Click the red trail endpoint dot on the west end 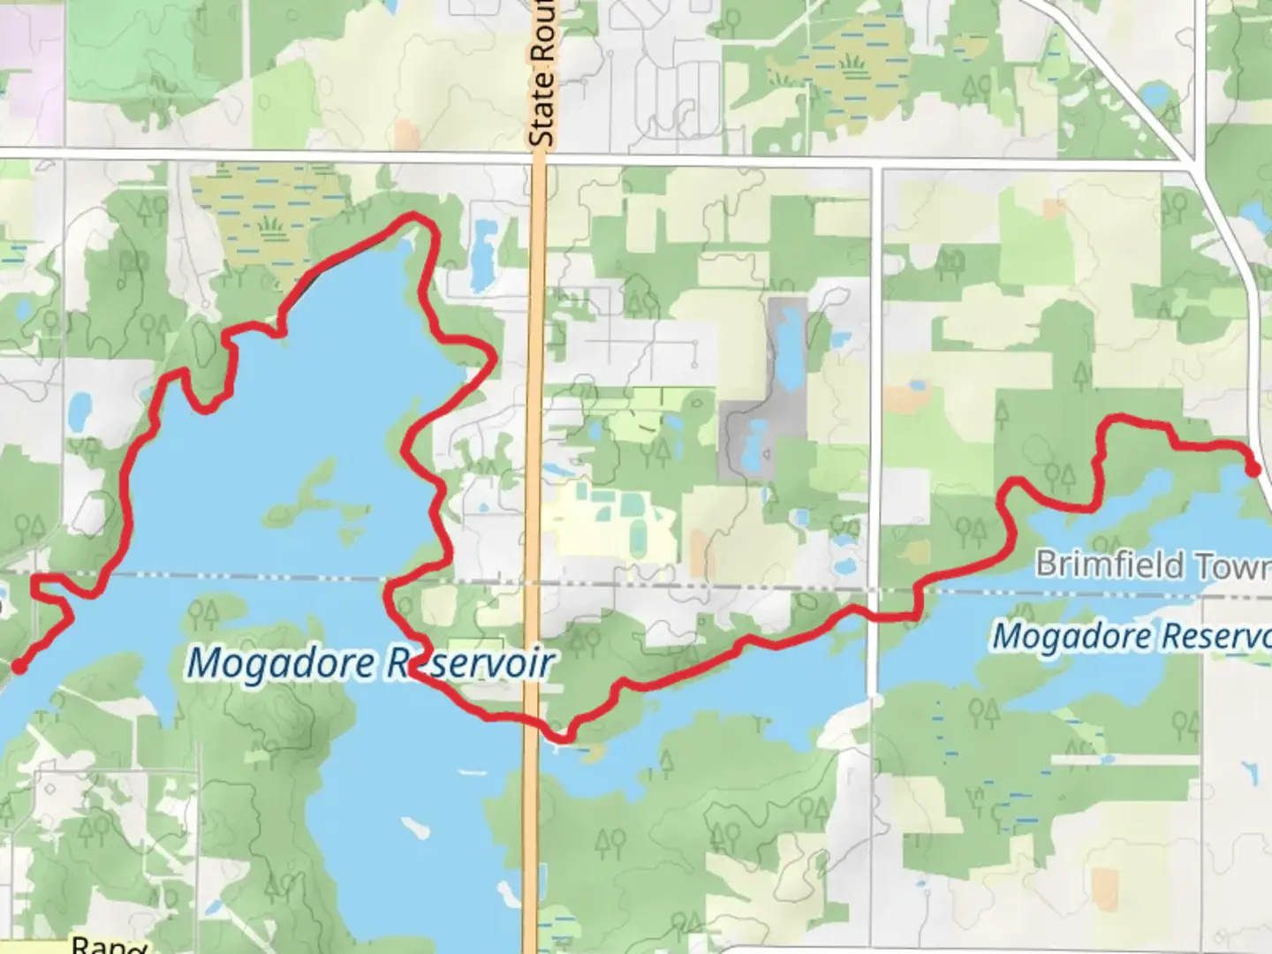coord(18,666)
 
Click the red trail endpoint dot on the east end coord(1253,469)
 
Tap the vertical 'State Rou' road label coord(541,74)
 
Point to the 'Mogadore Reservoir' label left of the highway coord(371,662)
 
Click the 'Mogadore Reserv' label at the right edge coord(1131,636)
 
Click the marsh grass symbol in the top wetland coord(853,64)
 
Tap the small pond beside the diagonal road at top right coord(1153,94)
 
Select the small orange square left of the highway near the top coord(407,133)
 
